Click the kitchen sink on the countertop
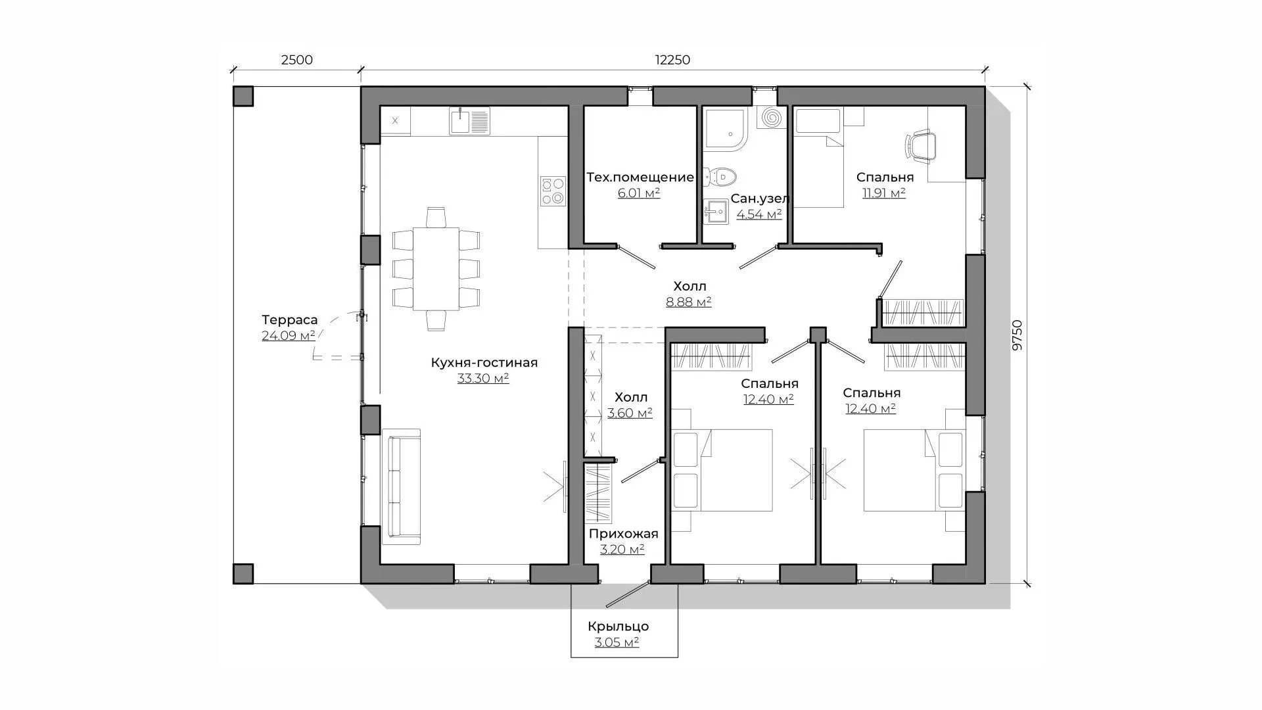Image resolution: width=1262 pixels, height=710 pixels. pos(470,121)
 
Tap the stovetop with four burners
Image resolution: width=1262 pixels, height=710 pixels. pos(553,191)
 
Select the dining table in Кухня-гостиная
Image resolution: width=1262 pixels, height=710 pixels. pos(436,268)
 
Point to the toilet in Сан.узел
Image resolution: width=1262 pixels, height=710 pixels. pos(720,176)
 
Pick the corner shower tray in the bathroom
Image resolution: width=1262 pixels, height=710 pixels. pos(726,129)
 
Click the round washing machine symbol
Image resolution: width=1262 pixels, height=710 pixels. pos(771,118)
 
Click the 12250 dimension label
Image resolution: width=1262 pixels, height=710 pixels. pos(672,60)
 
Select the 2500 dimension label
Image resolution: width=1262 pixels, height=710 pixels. pos(297,60)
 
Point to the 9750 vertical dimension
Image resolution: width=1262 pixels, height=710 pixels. pos(1017,335)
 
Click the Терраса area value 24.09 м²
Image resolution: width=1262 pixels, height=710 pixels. pos(289,336)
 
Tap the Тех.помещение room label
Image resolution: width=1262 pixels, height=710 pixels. pos(640,177)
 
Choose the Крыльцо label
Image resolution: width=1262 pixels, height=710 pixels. pos(619,627)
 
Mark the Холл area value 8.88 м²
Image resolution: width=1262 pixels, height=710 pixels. pos(689,302)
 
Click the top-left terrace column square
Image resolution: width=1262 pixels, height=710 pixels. pos(243,97)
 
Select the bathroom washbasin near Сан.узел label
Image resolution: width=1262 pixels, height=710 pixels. pos(715,212)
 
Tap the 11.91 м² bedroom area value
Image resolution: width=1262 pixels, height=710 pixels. pos(884,193)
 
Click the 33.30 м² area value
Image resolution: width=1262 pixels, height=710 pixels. pos(483,379)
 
